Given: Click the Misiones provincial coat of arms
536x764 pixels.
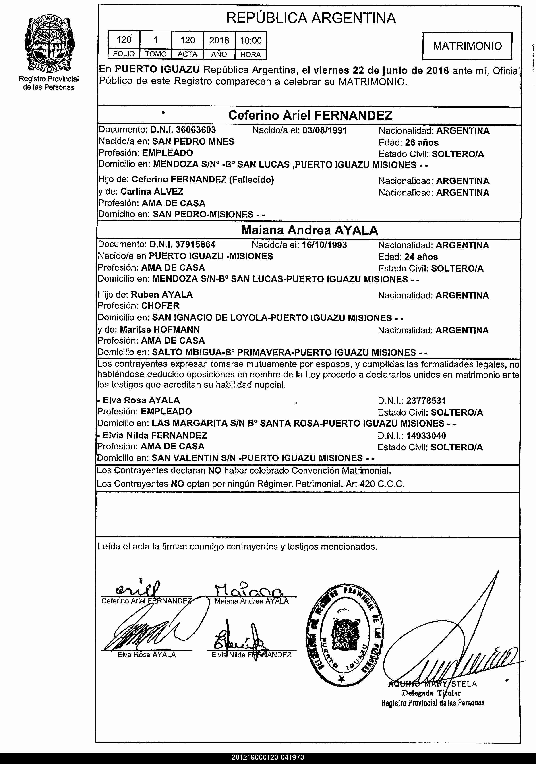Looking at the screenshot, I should (49, 45).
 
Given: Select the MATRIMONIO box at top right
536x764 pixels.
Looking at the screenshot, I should (467, 46).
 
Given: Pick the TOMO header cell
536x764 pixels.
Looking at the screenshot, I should (156, 54).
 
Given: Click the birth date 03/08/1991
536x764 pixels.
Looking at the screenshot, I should (325, 130).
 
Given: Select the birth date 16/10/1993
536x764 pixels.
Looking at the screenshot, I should (324, 245).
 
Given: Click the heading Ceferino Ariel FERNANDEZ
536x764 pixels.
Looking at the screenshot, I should (310, 116).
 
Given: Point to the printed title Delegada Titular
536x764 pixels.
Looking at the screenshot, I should (431, 693).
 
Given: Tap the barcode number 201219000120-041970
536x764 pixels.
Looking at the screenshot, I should (268, 758).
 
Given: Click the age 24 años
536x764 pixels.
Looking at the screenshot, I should (421, 257).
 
